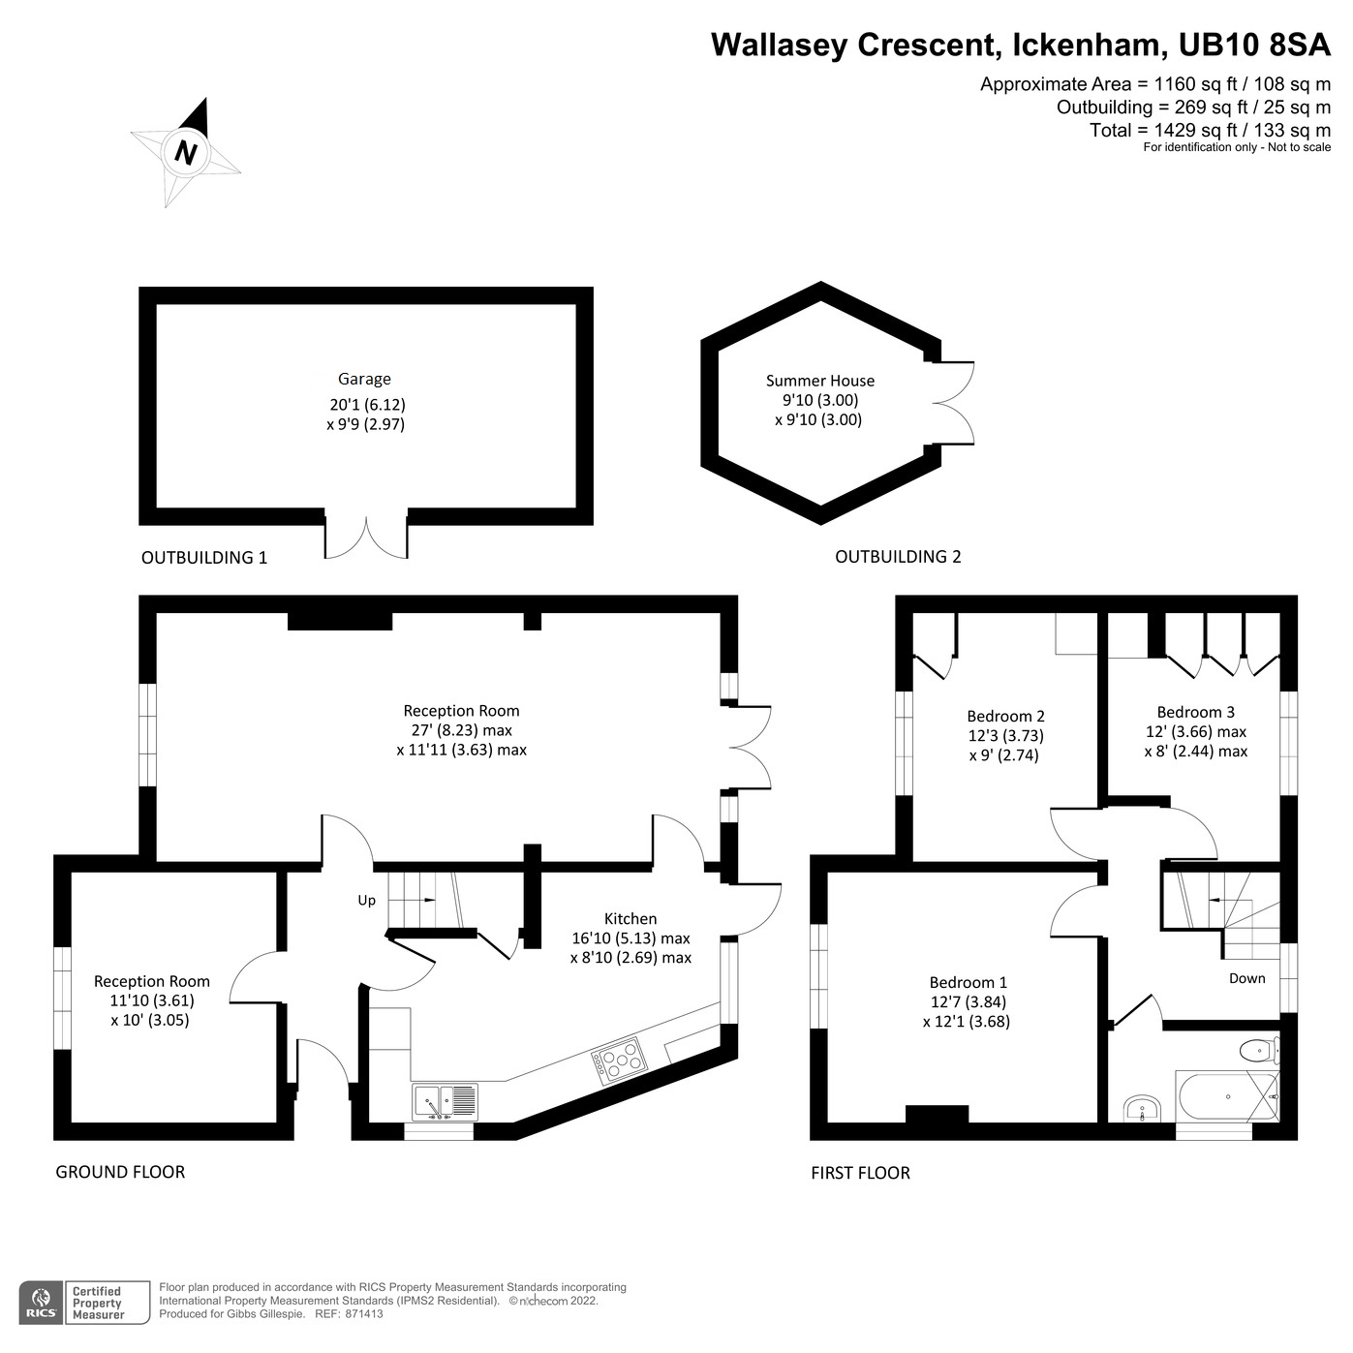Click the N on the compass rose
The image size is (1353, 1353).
click(186, 153)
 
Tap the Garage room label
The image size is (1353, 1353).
click(364, 380)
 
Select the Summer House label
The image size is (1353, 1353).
click(819, 382)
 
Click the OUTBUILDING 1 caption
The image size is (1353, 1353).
click(204, 558)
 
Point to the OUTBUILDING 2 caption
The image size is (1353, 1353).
click(898, 557)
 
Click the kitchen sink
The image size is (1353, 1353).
click(446, 1101)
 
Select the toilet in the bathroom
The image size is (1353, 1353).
click(1258, 1049)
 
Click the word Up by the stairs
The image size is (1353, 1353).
click(366, 901)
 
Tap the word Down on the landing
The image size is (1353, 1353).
click(1246, 978)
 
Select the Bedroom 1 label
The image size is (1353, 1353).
click(968, 982)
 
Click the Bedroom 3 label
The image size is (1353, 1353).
click(1195, 712)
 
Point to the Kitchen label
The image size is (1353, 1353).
click(630, 919)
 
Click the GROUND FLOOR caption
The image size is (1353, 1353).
click(120, 1172)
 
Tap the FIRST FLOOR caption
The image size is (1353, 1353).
click(860, 1173)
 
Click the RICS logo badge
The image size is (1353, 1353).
click(41, 1303)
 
